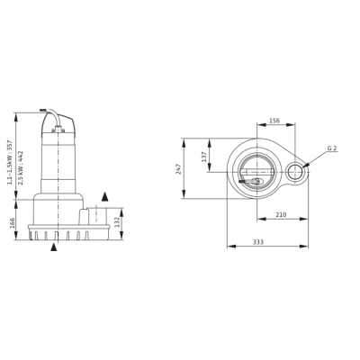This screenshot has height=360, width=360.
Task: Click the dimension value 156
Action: (274, 121)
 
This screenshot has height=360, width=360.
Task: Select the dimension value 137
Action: (204, 157)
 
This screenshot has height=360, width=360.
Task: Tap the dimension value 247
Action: (179, 168)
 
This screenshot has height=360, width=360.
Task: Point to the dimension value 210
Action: (281, 215)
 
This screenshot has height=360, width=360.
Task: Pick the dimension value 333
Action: (258, 242)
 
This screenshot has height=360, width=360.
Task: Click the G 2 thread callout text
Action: (332, 148)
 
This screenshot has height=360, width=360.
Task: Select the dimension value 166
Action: (13, 223)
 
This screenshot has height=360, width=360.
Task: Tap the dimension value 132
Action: (117, 222)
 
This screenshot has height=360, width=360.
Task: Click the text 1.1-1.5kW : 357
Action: (10, 162)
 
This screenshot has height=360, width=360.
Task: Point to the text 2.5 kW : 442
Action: (21, 167)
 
